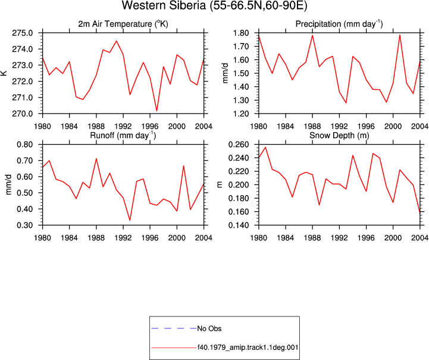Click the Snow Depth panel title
click(x=339, y=136)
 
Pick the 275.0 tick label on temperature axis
click(x=23, y=33)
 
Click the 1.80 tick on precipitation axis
click(x=241, y=33)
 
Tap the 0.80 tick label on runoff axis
click(x=25, y=145)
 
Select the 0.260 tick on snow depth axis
click(x=239, y=145)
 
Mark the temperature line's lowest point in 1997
click(x=156, y=111)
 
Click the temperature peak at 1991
click(x=117, y=41)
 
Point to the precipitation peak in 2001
click(x=400, y=35)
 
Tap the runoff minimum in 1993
click(x=130, y=220)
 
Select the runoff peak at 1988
click(x=96, y=158)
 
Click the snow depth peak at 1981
click(x=265, y=147)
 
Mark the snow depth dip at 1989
click(x=320, y=205)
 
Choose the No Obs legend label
click(x=209, y=328)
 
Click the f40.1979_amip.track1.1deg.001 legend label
click(x=248, y=348)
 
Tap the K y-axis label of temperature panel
click(x=4, y=73)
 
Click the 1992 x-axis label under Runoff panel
click(x=123, y=238)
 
